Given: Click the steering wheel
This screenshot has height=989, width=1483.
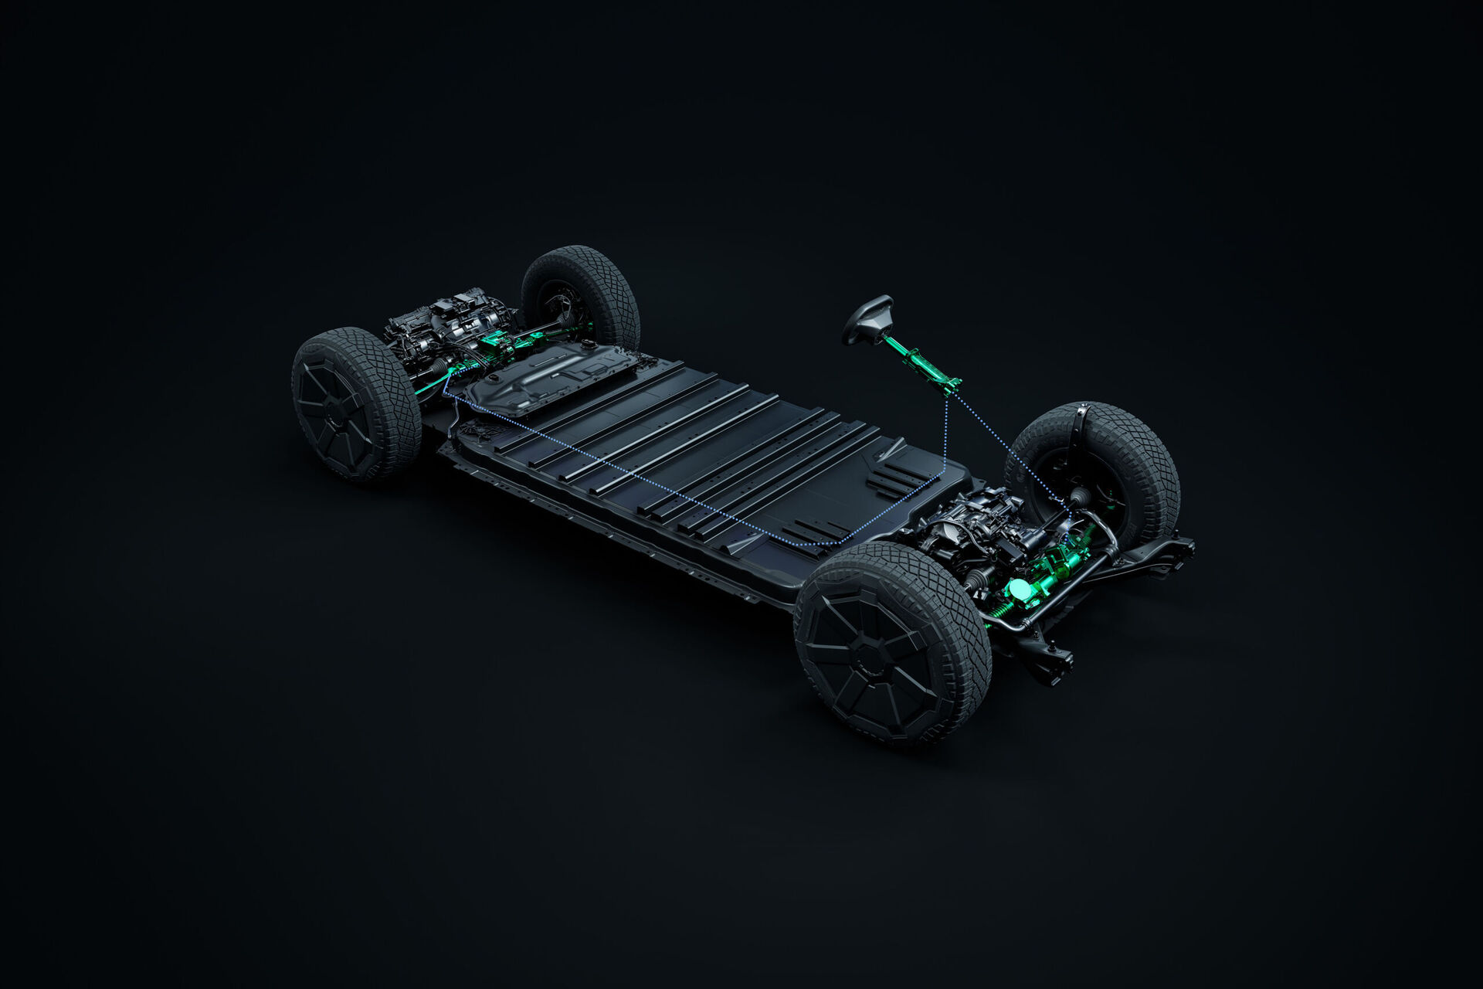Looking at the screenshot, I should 867,318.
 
